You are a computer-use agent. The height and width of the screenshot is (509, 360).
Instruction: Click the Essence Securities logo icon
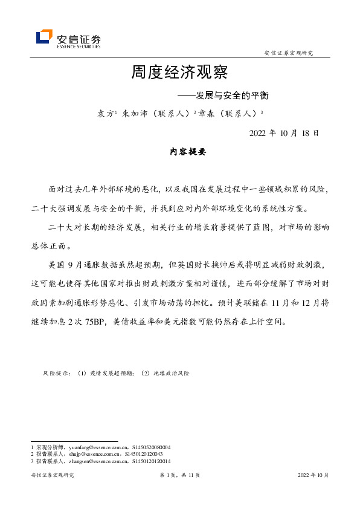pyautogui.click(x=44, y=37)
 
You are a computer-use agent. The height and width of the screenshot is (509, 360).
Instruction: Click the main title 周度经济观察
pyautogui.click(x=179, y=73)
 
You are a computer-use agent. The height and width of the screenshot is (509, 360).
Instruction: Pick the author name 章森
pyautogui.click(x=204, y=113)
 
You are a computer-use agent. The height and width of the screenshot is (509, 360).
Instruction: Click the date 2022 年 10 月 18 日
pyautogui.click(x=284, y=133)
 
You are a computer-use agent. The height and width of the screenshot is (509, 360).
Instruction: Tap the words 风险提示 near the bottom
pyautogui.click(x=56, y=374)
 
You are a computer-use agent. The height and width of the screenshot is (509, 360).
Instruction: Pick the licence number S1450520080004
pyautogui.click(x=150, y=447)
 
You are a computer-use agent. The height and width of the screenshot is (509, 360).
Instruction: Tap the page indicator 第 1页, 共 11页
pyautogui.click(x=179, y=475)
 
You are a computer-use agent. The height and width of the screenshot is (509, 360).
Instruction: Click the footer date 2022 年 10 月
pyautogui.click(x=313, y=475)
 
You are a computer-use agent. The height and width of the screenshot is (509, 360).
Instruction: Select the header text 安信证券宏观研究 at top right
pyautogui.click(x=289, y=53)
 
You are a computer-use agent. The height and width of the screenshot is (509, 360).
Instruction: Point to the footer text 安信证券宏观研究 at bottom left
pyautogui.click(x=52, y=475)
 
